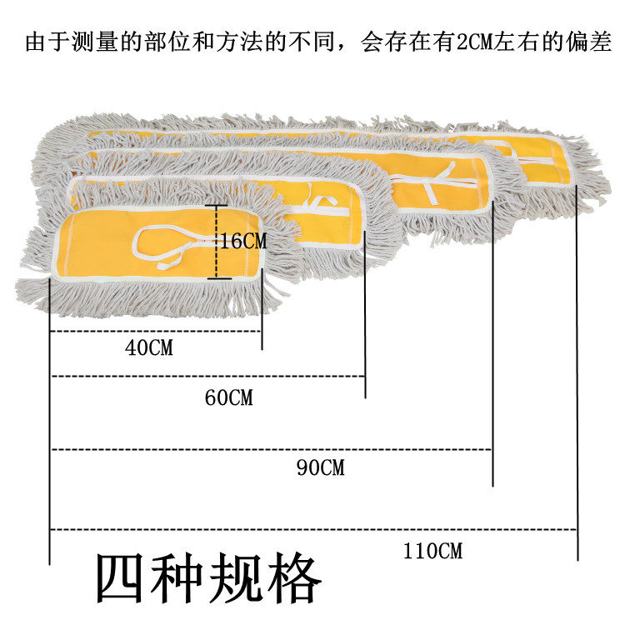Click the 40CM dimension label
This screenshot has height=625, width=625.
(x=149, y=347)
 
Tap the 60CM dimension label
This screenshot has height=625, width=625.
(x=228, y=397)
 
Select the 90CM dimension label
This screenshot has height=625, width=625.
(x=320, y=467)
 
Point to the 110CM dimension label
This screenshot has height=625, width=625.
(x=432, y=550)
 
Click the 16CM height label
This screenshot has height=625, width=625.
(x=244, y=241)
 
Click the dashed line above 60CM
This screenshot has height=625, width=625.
(x=208, y=376)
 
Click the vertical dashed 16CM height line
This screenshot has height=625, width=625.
(x=217, y=242)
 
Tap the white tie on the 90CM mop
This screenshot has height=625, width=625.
(x=433, y=183)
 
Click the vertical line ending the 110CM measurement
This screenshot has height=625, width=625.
(x=577, y=383)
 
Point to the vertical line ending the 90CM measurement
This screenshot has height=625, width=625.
(x=493, y=350)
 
